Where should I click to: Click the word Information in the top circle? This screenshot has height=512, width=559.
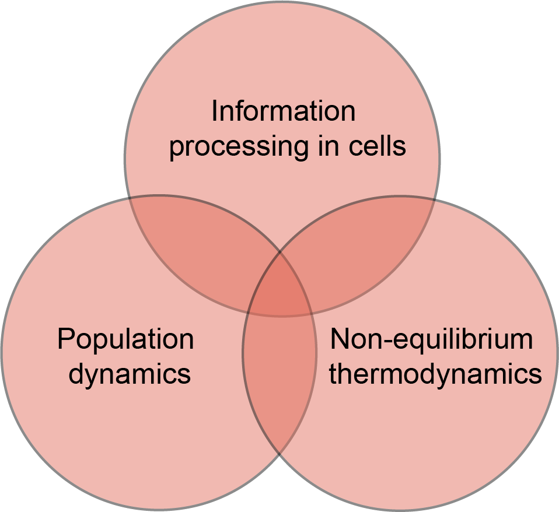[x=283, y=111]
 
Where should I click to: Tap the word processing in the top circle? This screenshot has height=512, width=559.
[x=236, y=146]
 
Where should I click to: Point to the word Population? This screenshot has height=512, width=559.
[x=125, y=339]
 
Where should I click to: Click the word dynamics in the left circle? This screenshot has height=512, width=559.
[x=130, y=374]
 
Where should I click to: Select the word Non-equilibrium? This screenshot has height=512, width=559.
[x=431, y=339]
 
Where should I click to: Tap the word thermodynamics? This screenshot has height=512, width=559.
[x=435, y=374]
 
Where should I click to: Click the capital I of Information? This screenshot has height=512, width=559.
[x=214, y=111]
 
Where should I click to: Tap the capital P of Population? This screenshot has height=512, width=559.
[x=65, y=339]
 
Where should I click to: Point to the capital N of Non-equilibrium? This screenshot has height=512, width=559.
[x=338, y=339]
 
